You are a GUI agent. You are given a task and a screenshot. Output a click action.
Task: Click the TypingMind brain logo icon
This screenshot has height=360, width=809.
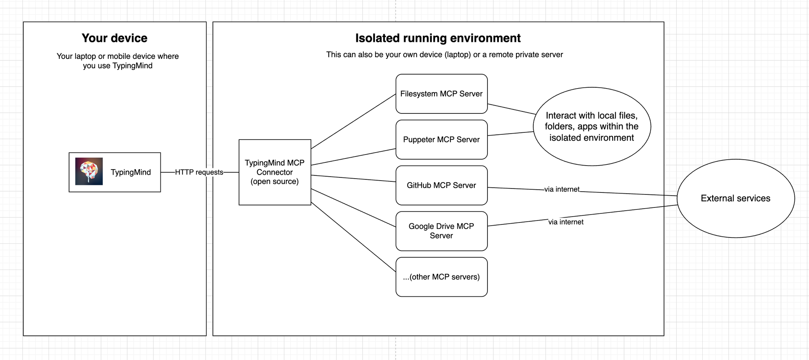(89, 172)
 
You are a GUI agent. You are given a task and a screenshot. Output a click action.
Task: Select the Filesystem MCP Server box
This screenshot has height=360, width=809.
(441, 94)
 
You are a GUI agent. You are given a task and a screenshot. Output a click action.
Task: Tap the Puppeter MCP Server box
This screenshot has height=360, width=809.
(441, 139)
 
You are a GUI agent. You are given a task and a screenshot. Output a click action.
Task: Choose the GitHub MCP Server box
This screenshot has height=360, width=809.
(441, 185)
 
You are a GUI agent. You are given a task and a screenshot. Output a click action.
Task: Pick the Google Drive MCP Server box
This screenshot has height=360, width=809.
(441, 231)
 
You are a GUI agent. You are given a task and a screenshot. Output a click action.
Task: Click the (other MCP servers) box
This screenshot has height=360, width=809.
(441, 277)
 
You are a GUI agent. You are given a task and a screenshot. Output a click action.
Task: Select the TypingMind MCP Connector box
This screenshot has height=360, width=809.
(275, 172)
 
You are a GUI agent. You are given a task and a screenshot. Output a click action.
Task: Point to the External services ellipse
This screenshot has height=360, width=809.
(736, 198)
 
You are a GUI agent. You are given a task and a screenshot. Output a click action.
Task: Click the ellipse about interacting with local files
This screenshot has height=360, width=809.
(591, 126)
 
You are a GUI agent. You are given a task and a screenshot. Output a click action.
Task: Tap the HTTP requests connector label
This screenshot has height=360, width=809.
(199, 172)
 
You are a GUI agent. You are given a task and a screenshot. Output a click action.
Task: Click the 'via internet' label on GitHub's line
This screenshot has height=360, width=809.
(562, 189)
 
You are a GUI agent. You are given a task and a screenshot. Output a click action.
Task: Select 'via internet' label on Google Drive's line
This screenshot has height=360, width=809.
(566, 222)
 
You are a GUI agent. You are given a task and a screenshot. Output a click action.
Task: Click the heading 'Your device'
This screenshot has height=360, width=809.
(115, 38)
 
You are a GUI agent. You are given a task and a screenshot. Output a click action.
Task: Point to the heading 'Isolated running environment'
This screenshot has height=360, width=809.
(438, 38)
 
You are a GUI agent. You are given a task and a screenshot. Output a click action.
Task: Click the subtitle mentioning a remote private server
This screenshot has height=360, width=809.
(444, 55)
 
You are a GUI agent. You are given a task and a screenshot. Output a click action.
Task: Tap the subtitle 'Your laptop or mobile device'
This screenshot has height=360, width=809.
(117, 61)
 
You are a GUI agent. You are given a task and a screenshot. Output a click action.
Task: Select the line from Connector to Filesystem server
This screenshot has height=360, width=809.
(354, 121)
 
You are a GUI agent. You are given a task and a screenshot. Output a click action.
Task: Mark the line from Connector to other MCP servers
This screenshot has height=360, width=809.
(354, 237)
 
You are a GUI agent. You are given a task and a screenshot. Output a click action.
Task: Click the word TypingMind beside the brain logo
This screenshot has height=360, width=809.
(131, 172)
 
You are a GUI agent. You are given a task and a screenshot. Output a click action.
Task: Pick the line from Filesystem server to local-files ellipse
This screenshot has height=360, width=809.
(512, 109)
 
